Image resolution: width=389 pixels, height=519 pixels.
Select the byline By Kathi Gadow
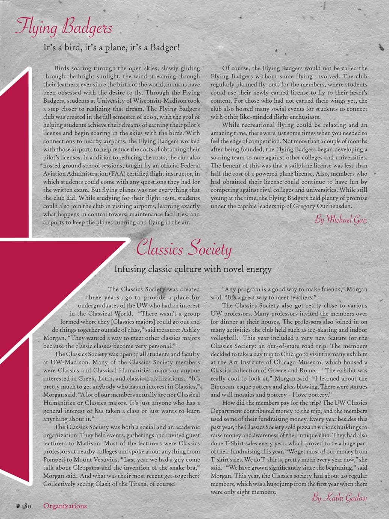point(339,498)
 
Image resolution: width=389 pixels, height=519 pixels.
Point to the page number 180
point(26,506)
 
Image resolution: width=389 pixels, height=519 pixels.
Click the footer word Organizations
point(65,506)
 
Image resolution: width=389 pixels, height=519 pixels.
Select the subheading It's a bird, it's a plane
point(112,48)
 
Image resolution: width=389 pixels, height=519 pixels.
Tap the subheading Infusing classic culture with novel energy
point(192,269)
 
